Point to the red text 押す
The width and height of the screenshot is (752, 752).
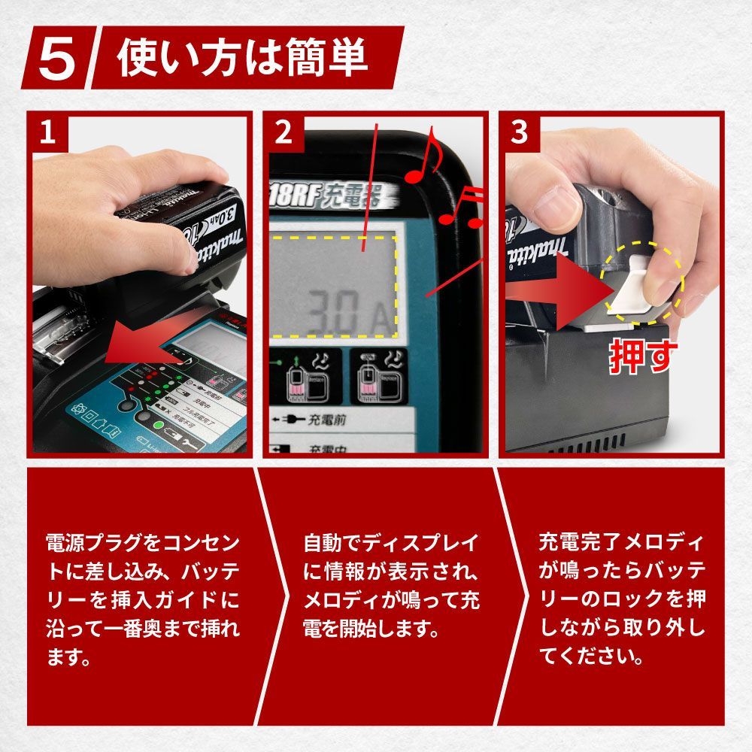coord(643,358)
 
